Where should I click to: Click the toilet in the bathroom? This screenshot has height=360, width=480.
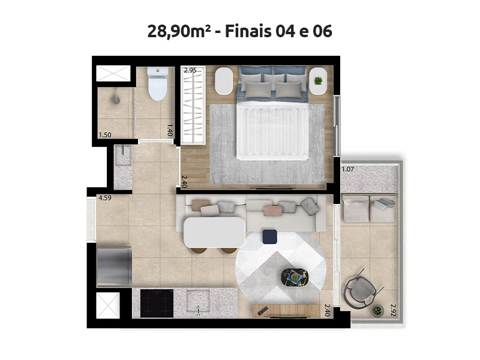(157, 85)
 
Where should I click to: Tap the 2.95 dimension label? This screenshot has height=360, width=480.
(190, 70)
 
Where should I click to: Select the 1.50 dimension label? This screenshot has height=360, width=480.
(104, 134)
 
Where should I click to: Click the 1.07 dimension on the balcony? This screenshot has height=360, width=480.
(348, 170)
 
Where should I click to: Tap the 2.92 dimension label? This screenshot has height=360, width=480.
(393, 310)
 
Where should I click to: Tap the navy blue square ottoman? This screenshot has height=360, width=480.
(270, 237)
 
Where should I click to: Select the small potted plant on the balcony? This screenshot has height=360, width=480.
(377, 311)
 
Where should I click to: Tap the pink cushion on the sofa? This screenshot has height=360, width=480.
(271, 210)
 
